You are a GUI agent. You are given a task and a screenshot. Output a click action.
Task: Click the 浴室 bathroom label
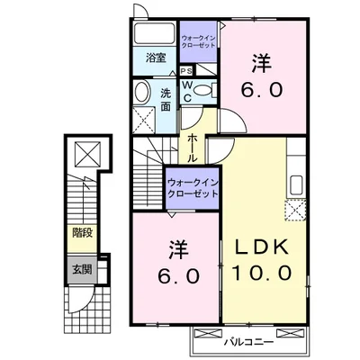(x=155, y=58)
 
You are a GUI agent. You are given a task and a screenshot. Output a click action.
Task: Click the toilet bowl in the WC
(x=204, y=90)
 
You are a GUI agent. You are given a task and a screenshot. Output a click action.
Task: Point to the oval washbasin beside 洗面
(x=142, y=92)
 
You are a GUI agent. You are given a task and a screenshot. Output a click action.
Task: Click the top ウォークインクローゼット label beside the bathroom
(x=199, y=40)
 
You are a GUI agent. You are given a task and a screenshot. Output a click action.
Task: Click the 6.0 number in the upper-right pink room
(x=262, y=90)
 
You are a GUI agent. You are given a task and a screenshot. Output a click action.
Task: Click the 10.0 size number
(x=262, y=273)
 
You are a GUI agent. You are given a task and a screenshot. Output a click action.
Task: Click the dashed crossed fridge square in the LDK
(x=295, y=211)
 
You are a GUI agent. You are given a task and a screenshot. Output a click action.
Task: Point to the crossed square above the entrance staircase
(x=86, y=154)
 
